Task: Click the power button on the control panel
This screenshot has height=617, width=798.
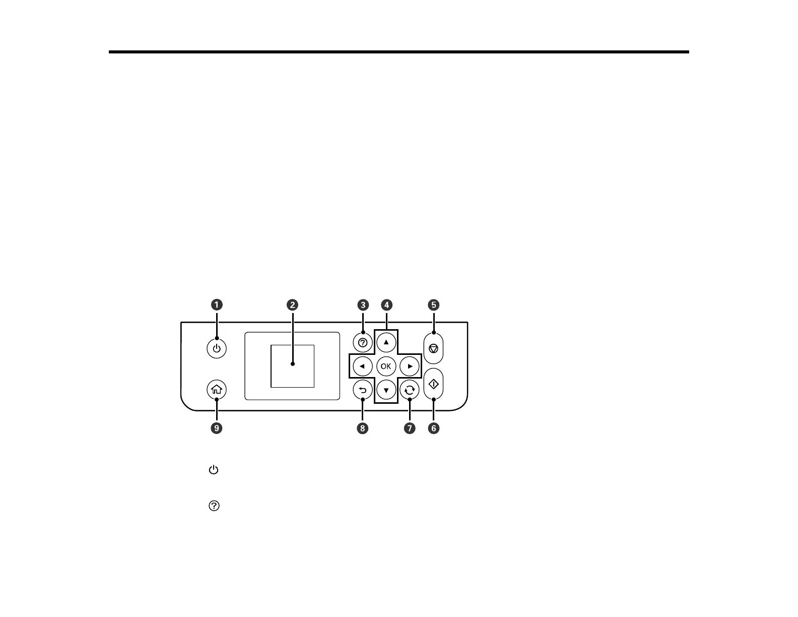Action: coord(216,348)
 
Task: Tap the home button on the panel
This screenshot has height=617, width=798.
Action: coord(216,390)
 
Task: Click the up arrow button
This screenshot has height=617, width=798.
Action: coord(386,342)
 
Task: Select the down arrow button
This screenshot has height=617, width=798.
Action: coord(386,390)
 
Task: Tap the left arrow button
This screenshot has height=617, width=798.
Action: coord(362,366)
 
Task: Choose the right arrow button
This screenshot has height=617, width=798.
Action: coord(410,366)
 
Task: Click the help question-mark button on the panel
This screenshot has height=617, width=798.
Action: coord(362,343)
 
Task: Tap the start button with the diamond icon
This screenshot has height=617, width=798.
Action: coord(433,385)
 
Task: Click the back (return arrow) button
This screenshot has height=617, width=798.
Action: coord(362,390)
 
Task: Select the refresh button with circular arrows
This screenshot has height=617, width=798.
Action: coord(410,390)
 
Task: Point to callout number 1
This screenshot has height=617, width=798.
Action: coord(217,304)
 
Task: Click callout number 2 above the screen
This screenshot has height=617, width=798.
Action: coord(292,304)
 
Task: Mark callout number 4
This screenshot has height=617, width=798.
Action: coord(386,304)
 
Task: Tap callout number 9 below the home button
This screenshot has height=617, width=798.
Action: coord(216,428)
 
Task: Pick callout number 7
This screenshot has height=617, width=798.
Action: coord(410,428)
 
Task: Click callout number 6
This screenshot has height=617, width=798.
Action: coord(433,428)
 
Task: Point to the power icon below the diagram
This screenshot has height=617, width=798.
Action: coord(214,470)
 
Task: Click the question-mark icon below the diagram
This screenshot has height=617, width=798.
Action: coord(214,506)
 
